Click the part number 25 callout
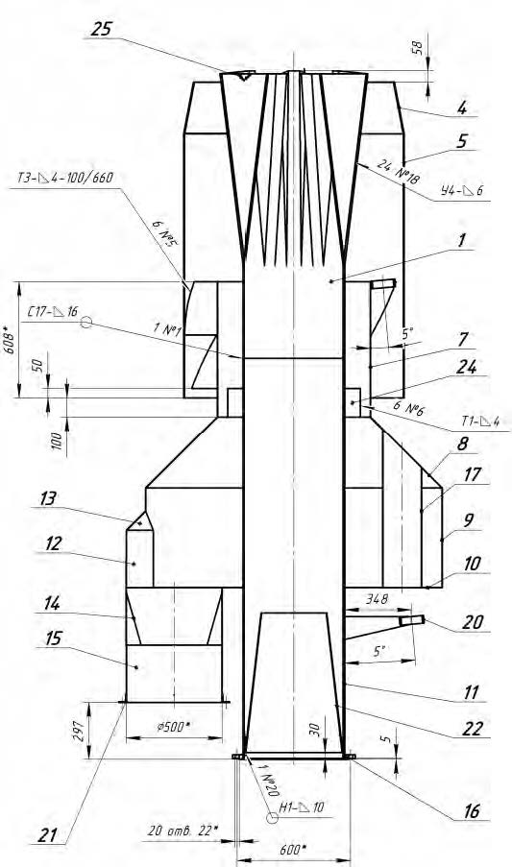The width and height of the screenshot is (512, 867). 102,29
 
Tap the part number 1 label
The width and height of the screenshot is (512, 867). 462,240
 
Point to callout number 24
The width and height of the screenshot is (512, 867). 466,367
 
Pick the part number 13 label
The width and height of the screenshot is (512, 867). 48,498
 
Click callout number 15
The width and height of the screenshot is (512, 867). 54,638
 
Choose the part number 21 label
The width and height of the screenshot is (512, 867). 48,834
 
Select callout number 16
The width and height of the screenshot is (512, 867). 471,810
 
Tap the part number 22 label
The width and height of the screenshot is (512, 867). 473,729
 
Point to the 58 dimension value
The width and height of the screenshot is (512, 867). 418,48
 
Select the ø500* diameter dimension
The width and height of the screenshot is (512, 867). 174,726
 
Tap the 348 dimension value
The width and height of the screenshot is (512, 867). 378,599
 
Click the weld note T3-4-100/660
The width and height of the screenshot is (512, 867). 64,178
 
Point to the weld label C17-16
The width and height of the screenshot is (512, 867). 53,311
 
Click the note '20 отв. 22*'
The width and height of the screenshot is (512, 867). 183,830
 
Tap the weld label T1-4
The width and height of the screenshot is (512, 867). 480,421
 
